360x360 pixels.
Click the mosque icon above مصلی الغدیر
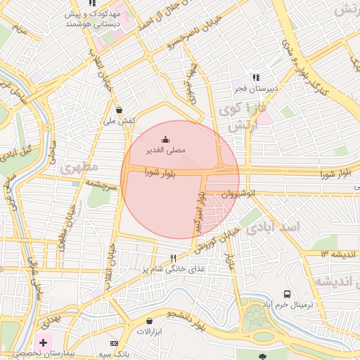[165, 139]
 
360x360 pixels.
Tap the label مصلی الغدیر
[165, 150]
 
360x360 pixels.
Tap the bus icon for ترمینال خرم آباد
[287, 294]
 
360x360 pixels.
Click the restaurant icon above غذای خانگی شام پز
[173, 259]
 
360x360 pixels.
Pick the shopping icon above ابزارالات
[149, 321]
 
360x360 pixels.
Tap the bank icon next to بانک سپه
[115, 342]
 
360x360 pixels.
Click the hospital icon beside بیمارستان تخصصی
[44, 342]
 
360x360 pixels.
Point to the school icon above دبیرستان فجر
[256, 77]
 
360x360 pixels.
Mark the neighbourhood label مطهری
[79, 169]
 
